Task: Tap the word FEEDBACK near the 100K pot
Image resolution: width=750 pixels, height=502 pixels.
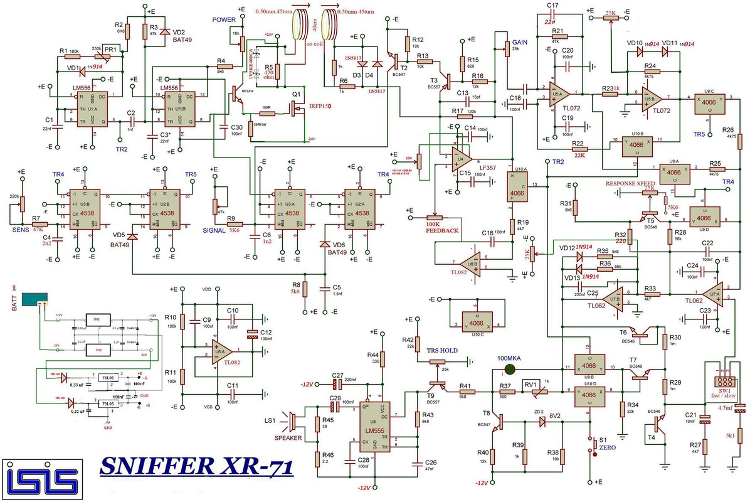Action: (x=443, y=231)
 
